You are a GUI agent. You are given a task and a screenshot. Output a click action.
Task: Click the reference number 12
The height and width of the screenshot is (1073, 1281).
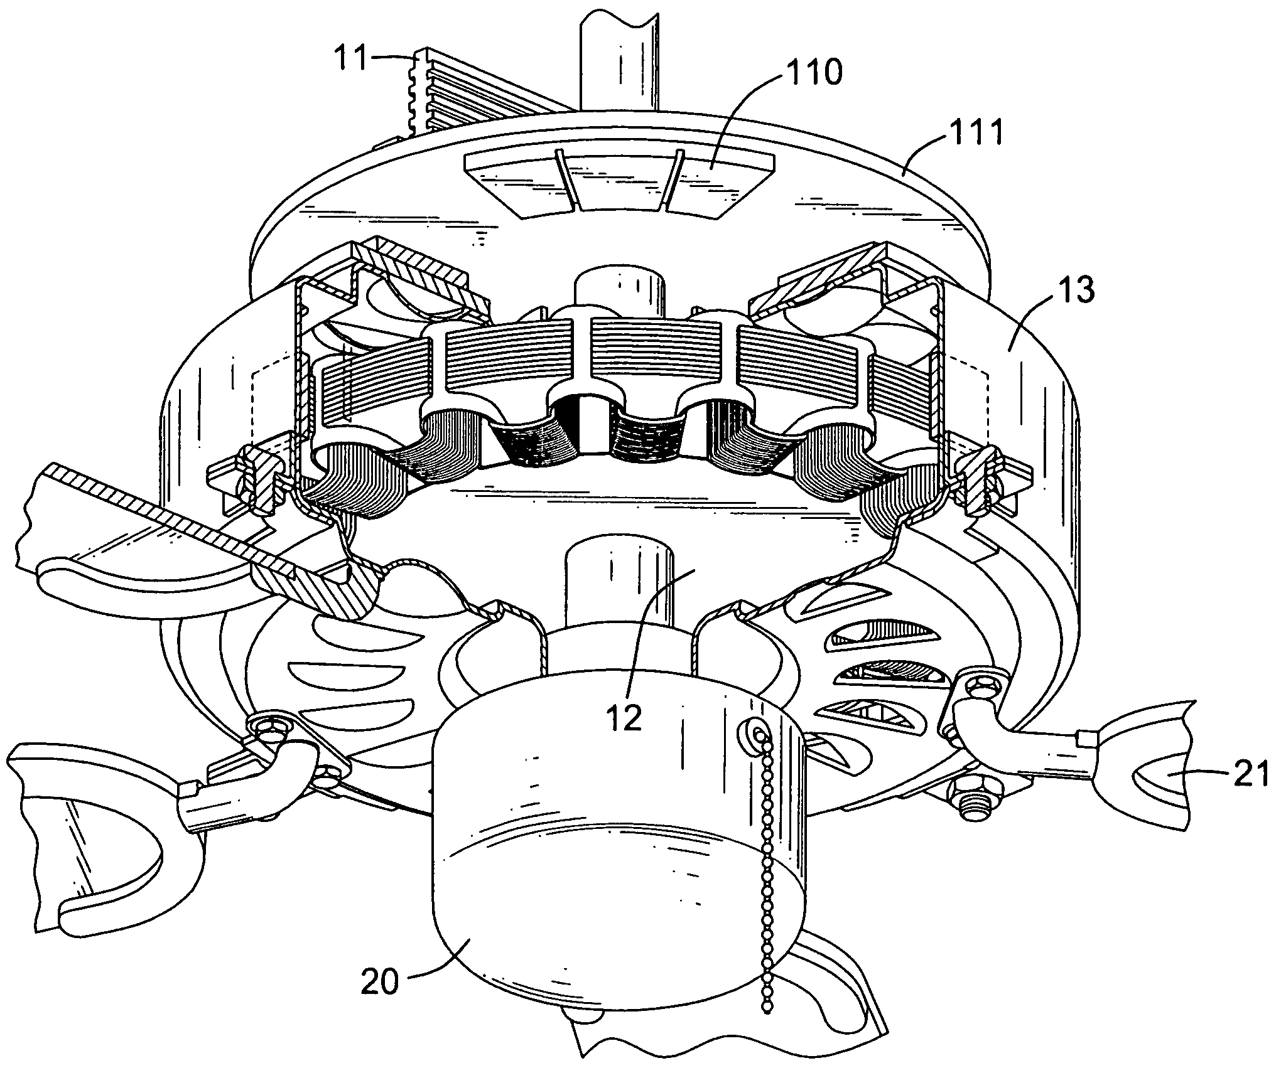tap(625, 716)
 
